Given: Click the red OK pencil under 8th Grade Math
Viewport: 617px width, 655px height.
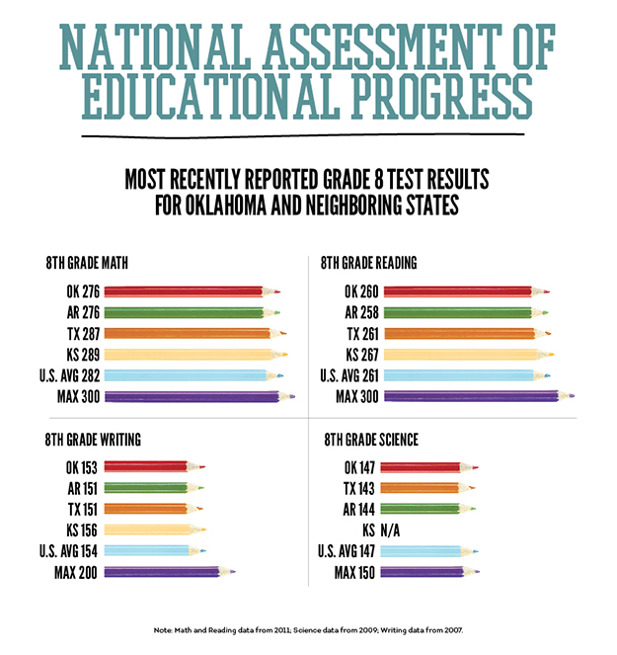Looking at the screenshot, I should [188, 291].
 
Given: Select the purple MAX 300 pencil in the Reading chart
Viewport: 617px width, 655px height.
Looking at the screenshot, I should [474, 397].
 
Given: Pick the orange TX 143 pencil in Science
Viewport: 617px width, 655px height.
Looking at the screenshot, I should [423, 488].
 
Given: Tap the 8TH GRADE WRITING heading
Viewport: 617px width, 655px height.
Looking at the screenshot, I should [93, 440].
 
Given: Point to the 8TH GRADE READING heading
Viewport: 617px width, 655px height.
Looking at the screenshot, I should [369, 263].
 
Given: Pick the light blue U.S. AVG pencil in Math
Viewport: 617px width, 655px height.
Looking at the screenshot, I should [188, 376].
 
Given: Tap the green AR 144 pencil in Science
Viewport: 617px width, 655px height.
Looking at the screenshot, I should [423, 509].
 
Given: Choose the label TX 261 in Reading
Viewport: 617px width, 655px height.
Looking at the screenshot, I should [354, 334].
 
